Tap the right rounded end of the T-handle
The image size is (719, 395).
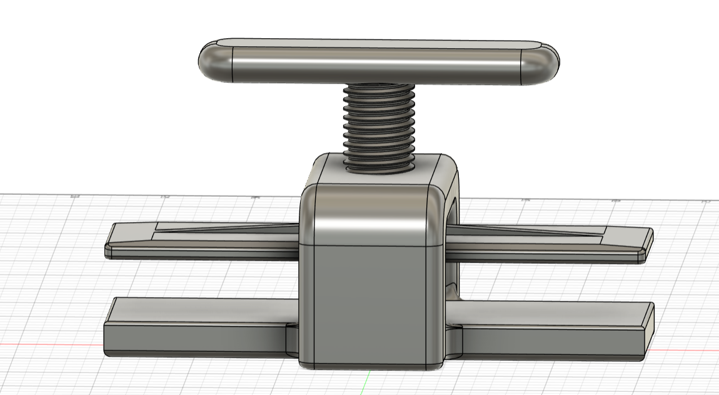[541, 62]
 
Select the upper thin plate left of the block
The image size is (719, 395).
[200, 241]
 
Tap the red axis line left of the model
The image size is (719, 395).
[50, 344]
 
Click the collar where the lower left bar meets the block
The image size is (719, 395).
[292, 341]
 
